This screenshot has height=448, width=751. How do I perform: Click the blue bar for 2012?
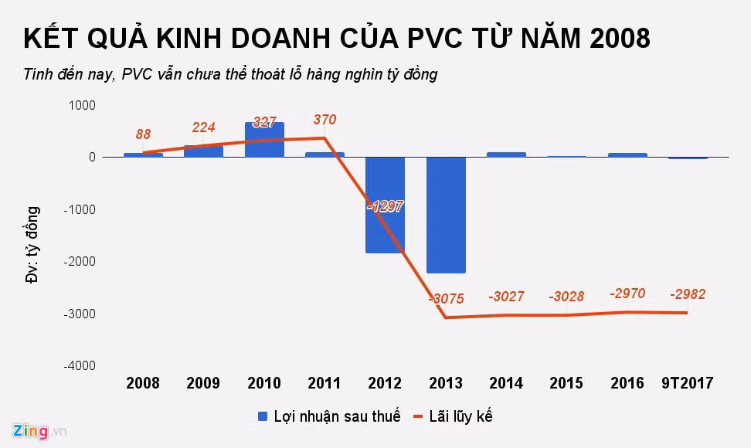click(385, 205)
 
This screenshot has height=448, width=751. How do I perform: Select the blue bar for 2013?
click(446, 215)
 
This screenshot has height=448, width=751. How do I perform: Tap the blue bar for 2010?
click(264, 140)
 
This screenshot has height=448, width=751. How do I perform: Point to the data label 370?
click(325, 119)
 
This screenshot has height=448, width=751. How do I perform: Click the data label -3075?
click(447, 299)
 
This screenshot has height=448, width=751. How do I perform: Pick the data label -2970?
click(627, 294)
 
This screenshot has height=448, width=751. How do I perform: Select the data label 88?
click(143, 134)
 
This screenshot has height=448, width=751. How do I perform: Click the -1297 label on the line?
click(385, 206)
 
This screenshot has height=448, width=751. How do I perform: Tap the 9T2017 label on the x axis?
click(688, 383)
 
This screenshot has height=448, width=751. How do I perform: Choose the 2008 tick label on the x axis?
click(143, 383)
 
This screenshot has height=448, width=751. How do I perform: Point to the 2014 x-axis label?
click(506, 383)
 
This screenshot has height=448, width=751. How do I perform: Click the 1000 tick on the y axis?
click(82, 105)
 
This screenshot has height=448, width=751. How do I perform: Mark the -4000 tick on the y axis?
click(80, 365)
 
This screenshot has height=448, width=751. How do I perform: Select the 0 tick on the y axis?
click(92, 158)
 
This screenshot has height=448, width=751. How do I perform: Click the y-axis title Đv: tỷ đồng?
click(32, 245)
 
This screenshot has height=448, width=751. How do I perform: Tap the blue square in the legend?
click(263, 416)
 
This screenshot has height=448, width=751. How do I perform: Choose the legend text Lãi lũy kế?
click(460, 416)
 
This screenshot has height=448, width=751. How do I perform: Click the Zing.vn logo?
click(39, 431)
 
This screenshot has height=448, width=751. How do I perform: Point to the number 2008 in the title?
click(620, 39)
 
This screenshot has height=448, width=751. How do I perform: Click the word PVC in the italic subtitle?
click(137, 74)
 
